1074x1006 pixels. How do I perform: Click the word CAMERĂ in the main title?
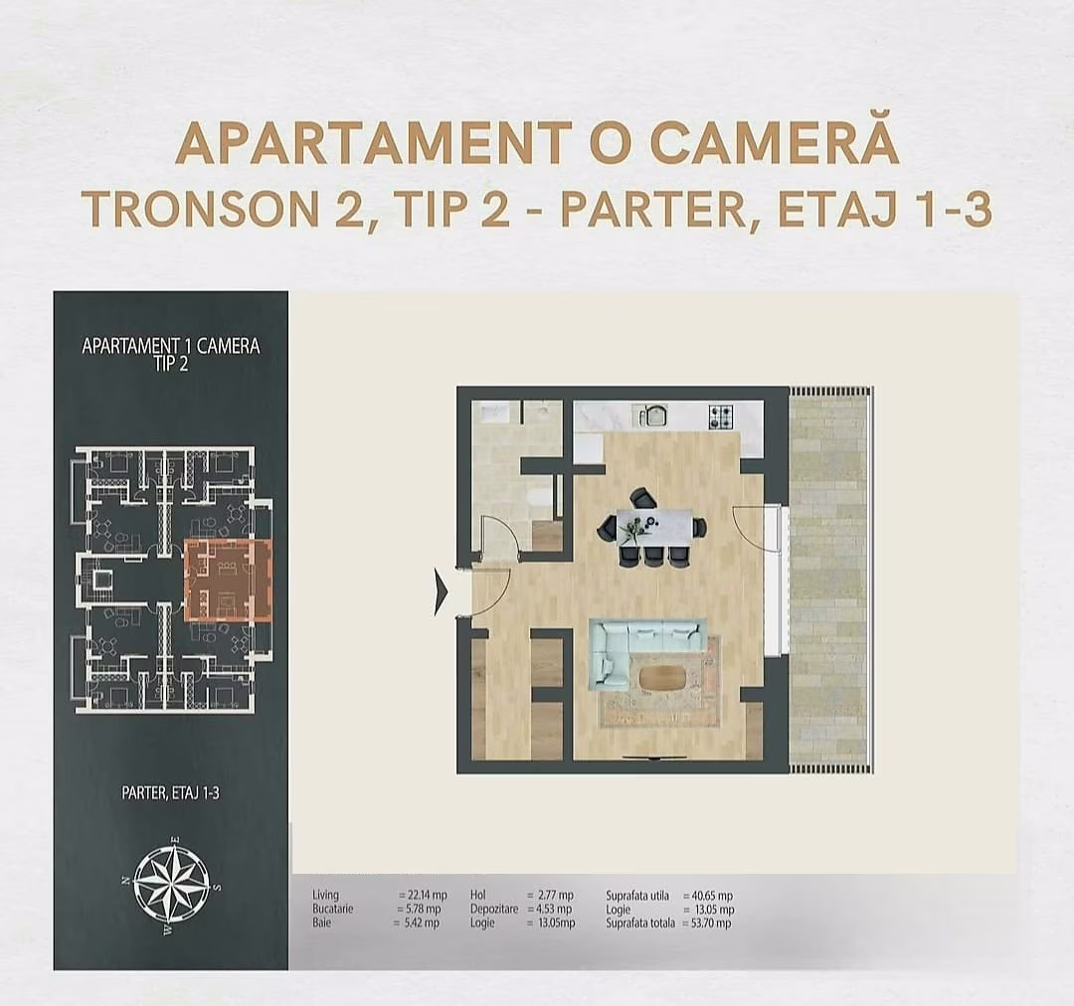pos(775,145)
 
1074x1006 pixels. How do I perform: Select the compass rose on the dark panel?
pos(171,883)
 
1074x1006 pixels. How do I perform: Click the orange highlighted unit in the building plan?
pos(228,580)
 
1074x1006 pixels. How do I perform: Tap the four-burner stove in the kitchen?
pos(721,417)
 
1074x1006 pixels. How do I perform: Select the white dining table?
pos(653,527)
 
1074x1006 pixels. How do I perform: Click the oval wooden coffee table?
pos(661,678)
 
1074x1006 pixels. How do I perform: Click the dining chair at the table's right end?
pos(700,528)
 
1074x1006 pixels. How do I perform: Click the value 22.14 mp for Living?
pos(423,896)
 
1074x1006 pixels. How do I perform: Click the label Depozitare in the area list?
pos(494,910)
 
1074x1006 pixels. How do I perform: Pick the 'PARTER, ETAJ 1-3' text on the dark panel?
pos(170,792)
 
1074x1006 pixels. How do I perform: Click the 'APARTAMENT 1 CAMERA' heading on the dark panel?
pos(170,347)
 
